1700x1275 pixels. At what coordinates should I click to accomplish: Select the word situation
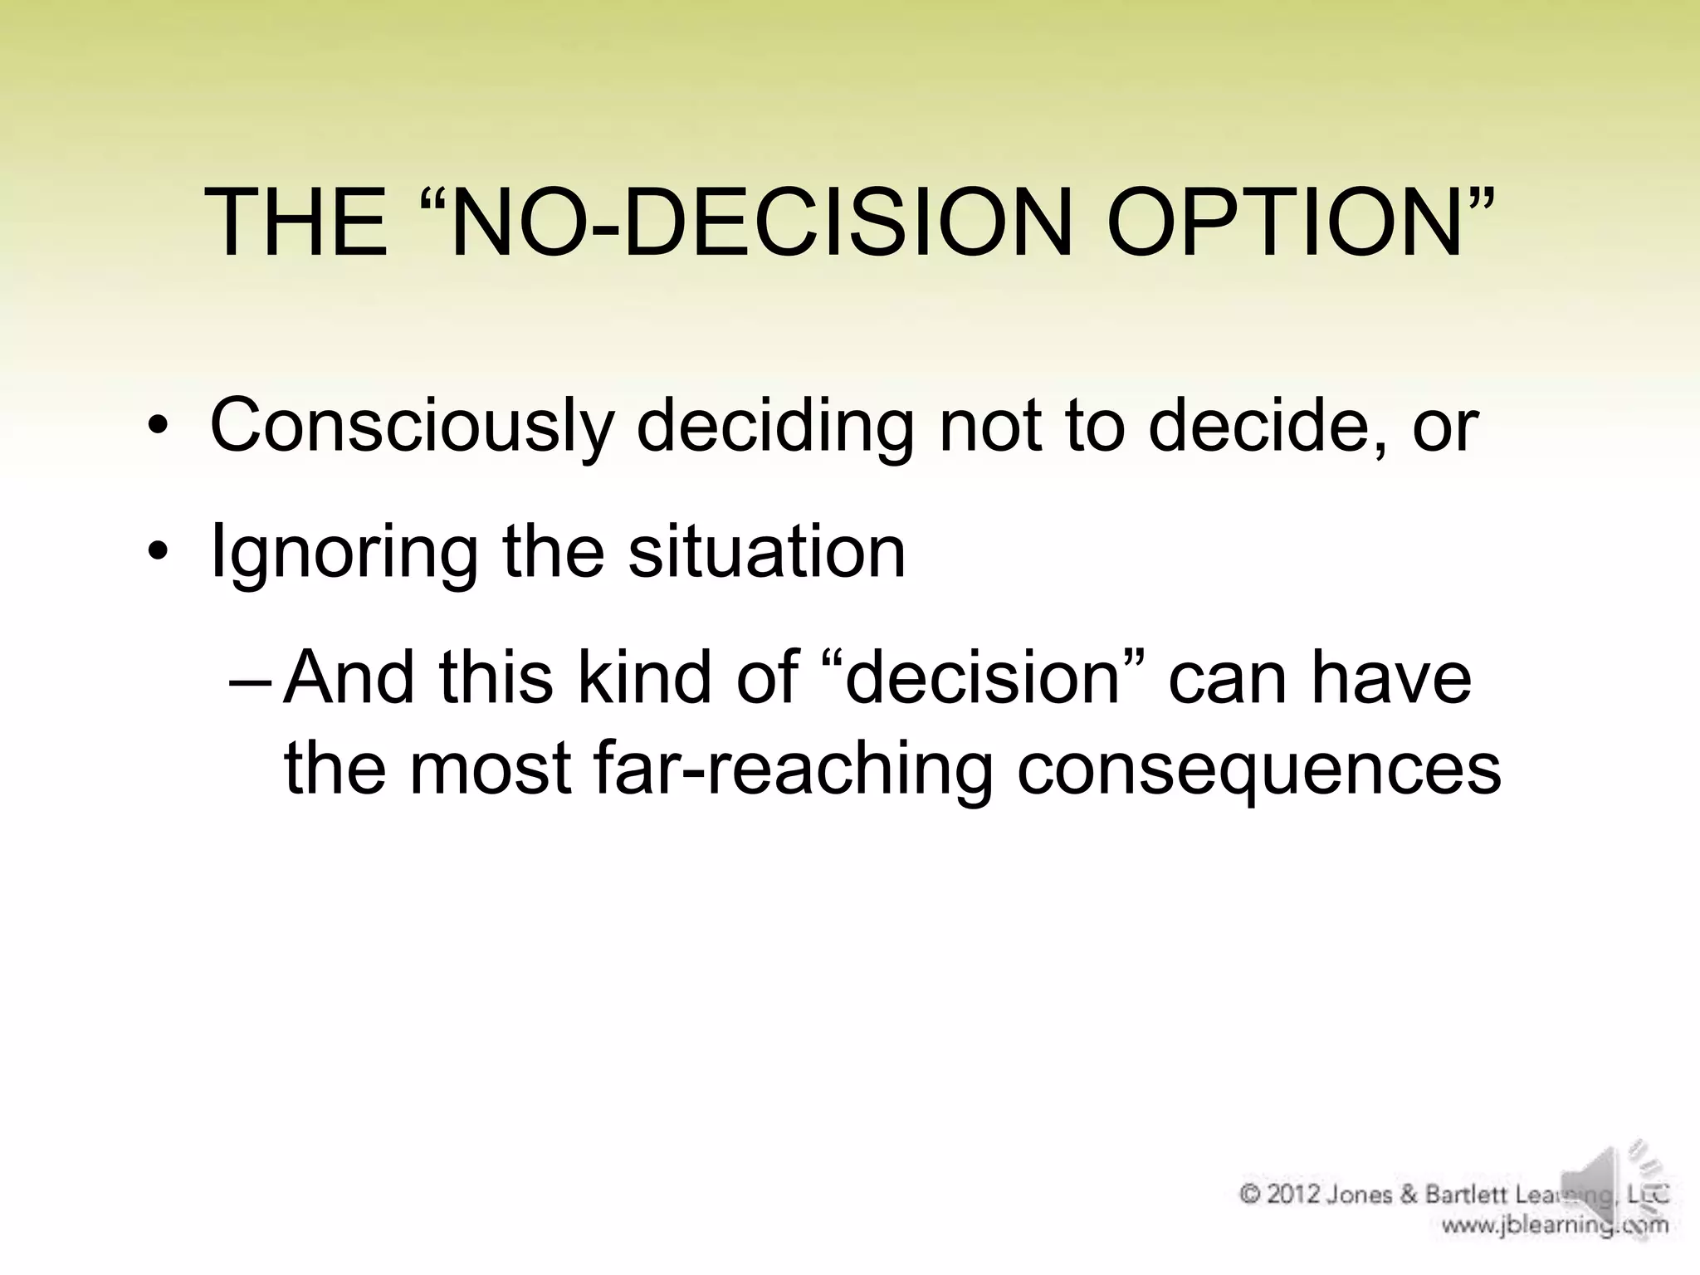click(766, 552)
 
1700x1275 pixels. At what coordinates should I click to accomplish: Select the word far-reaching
click(793, 768)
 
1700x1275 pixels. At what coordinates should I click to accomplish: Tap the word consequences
click(1258, 768)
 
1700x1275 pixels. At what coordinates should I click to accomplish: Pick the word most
click(490, 768)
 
